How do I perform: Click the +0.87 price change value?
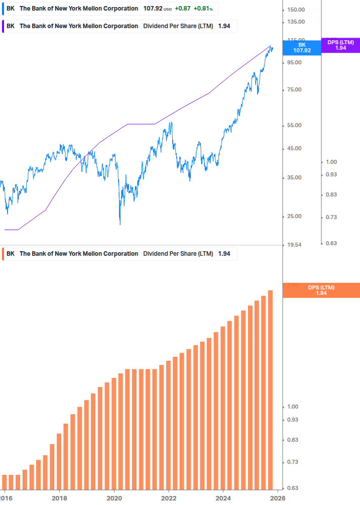183,9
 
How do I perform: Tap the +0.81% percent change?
203,9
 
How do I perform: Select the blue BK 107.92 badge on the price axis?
302,48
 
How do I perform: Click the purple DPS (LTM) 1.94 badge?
340,45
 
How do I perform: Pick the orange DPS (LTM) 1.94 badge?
321,290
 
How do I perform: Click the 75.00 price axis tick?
294,90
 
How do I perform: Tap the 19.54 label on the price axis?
294,245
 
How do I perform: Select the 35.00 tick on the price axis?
294,177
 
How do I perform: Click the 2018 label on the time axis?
59,497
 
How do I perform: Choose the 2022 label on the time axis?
169,497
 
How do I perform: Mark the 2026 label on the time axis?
278,497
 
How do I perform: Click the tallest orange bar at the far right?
270,389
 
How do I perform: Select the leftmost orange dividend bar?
4,481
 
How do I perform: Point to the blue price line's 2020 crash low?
120,223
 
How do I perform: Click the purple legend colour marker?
4,26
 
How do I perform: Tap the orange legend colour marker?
4,254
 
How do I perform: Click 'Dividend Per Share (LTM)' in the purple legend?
178,26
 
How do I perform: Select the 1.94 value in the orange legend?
224,254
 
